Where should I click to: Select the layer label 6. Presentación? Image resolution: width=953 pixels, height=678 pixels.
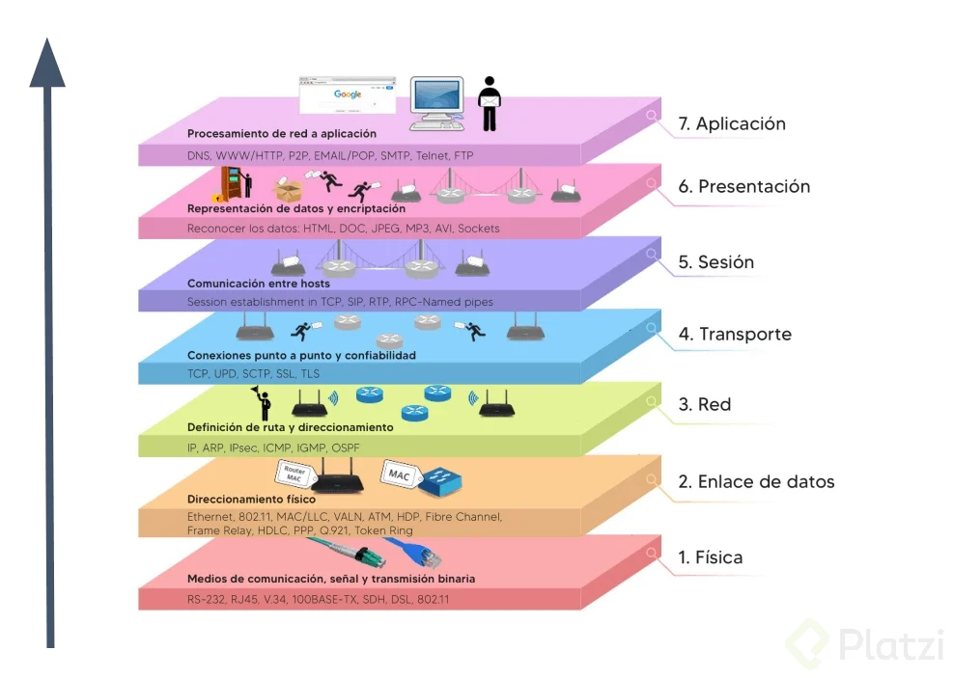click(x=743, y=187)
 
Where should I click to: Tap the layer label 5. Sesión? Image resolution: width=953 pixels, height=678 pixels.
click(x=715, y=262)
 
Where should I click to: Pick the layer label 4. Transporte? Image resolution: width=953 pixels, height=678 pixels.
click(x=734, y=335)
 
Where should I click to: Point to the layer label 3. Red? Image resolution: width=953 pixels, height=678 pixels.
click(x=704, y=405)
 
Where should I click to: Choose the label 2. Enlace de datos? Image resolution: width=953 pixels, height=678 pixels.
click(x=755, y=482)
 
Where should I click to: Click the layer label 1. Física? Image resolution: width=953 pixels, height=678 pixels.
click(x=710, y=557)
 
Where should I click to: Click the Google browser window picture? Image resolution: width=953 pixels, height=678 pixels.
click(x=348, y=99)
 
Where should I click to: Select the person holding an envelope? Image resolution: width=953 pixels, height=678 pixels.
click(x=490, y=102)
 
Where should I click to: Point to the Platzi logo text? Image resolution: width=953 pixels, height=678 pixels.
click(x=889, y=643)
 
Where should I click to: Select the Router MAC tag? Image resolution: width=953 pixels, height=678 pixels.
click(x=295, y=474)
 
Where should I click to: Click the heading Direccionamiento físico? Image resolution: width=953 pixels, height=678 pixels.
click(x=251, y=500)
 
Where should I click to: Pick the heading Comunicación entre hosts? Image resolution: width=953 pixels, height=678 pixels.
click(x=258, y=284)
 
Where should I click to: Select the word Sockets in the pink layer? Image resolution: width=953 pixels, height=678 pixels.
click(x=479, y=229)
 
